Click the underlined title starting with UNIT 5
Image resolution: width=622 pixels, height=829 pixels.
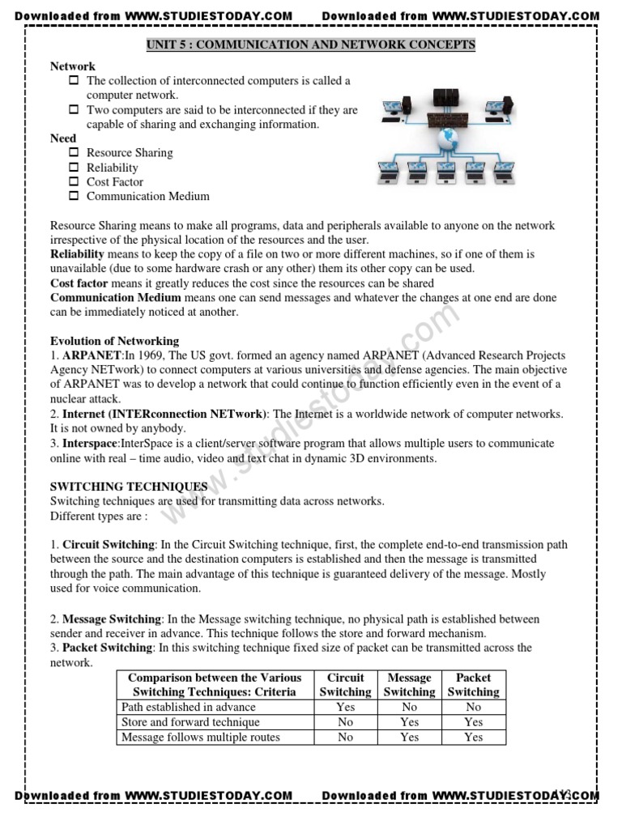311,45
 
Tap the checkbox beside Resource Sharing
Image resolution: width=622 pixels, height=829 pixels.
74,152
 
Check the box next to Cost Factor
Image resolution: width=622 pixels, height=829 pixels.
74,181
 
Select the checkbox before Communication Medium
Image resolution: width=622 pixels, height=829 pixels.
74,196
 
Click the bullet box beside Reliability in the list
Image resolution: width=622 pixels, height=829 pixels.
74,167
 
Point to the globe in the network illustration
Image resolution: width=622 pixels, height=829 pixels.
446,140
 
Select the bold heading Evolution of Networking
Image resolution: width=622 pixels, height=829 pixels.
114,341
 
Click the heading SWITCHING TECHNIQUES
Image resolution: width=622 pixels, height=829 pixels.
129,487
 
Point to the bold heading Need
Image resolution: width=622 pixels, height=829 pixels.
63,138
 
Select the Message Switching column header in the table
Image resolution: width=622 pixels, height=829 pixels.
409,684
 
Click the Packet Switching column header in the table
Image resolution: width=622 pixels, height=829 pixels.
473,684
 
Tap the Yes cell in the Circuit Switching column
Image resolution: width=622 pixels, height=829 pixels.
345,707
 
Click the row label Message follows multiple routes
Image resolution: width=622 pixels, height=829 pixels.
201,737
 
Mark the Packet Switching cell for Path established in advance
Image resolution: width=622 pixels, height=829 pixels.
473,707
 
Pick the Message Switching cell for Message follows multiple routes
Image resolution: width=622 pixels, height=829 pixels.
409,737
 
